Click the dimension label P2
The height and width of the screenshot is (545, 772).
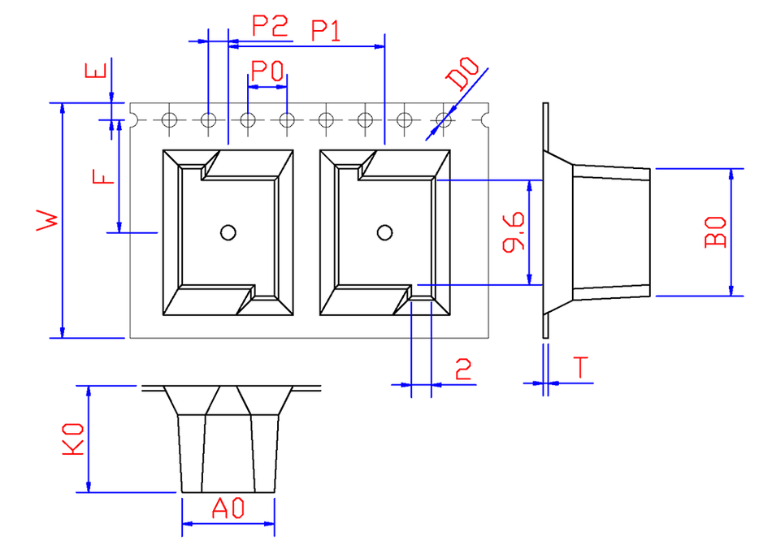270,27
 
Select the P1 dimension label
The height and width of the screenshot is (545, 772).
327,32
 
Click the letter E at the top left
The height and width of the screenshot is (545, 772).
96,72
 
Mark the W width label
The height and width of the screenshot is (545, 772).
48,220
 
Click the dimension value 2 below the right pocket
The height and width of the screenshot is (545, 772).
463,371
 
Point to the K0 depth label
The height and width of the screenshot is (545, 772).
74,439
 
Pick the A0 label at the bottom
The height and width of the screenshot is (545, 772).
228,509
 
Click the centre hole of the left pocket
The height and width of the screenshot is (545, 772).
228,233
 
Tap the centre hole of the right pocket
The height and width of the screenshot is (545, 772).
384,233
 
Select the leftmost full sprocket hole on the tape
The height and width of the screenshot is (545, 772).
169,120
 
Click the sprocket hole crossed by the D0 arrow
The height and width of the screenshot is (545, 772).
443,120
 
